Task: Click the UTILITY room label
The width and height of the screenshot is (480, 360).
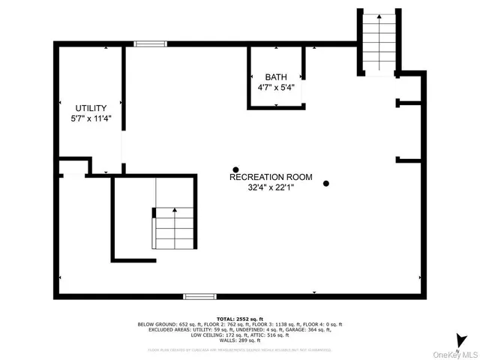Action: pyautogui.click(x=90, y=108)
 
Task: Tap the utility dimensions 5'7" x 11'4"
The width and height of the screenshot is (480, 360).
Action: pyautogui.click(x=90, y=118)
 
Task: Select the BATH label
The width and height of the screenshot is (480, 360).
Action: pyautogui.click(x=275, y=77)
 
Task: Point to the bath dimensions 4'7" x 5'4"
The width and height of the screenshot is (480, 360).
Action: pyautogui.click(x=275, y=87)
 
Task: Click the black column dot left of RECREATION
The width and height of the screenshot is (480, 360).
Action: pyautogui.click(x=235, y=169)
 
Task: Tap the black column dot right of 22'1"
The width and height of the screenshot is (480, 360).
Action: pyautogui.click(x=325, y=183)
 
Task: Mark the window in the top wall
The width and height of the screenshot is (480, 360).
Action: pyautogui.click(x=150, y=44)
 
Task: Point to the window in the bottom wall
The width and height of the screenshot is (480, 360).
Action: pyautogui.click(x=196, y=296)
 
